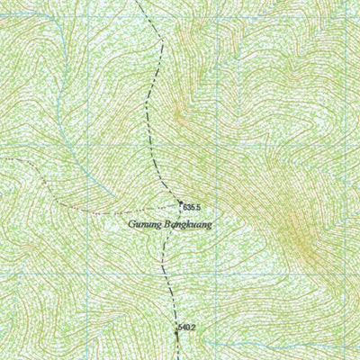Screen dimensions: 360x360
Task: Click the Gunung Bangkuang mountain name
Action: point(169,223)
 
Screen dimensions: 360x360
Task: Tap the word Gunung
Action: point(143,223)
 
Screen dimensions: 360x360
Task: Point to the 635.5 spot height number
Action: point(191,207)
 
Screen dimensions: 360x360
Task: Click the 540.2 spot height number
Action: point(187,328)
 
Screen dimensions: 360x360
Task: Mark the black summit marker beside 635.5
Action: point(180,203)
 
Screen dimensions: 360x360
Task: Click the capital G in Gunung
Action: point(131,222)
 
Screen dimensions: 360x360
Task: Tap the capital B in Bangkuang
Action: point(166,222)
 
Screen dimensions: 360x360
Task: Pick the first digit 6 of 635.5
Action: point(184,207)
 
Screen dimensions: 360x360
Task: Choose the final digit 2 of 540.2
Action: point(193,328)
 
